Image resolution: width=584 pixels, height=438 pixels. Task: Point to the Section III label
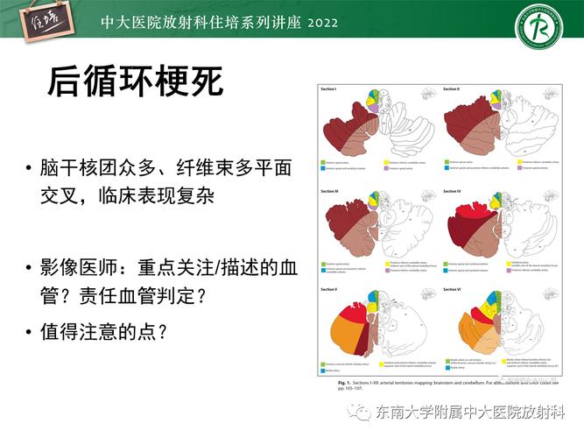pyautogui.click(x=330, y=189)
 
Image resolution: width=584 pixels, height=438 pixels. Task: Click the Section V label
pyautogui.click(x=329, y=287)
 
